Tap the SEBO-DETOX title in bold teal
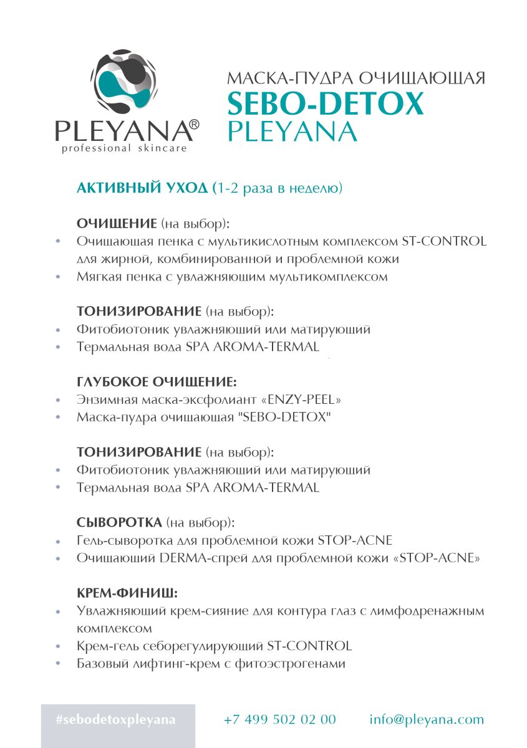tap(325, 103)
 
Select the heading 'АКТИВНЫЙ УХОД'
tap(142, 188)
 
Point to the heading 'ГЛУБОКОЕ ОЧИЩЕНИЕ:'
tap(157, 381)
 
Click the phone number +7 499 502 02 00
tap(279, 719)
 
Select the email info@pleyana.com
tap(426, 719)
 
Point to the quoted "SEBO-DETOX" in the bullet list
tap(289, 417)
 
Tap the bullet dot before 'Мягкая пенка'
tap(58, 276)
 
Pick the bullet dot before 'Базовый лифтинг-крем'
tap(58, 664)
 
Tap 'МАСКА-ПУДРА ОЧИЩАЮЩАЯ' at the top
tap(355, 78)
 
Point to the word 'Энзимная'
tap(101, 399)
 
